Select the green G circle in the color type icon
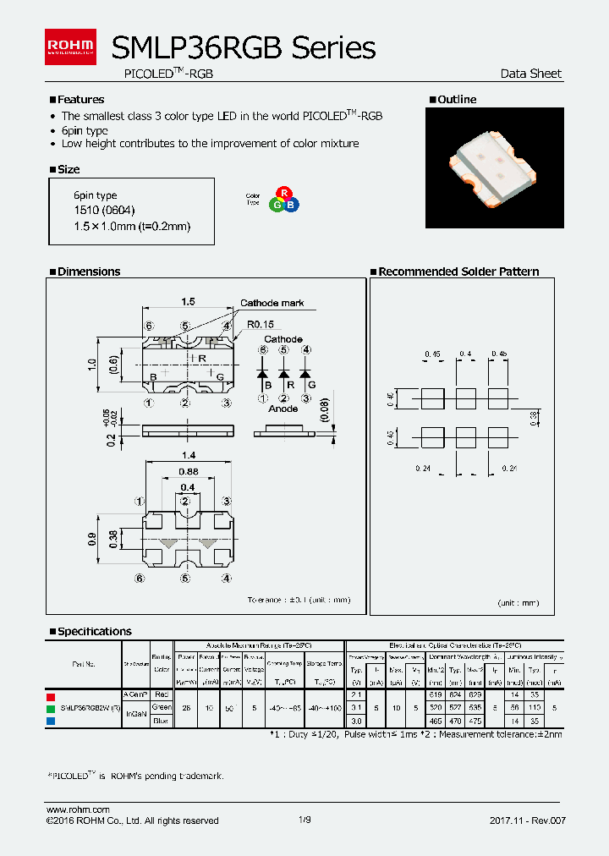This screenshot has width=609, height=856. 277,205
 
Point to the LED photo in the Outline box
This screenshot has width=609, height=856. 494,167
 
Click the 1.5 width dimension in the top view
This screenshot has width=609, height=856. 188,301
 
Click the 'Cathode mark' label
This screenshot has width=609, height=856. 272,303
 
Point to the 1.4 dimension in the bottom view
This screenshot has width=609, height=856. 188,454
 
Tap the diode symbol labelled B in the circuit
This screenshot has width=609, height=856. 263,373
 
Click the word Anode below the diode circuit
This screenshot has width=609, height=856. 283,409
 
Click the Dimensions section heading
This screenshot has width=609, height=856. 88,272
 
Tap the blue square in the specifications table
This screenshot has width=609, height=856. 51,722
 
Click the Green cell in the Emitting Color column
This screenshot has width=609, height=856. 161,707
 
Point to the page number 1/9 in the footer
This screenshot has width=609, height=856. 304,820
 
